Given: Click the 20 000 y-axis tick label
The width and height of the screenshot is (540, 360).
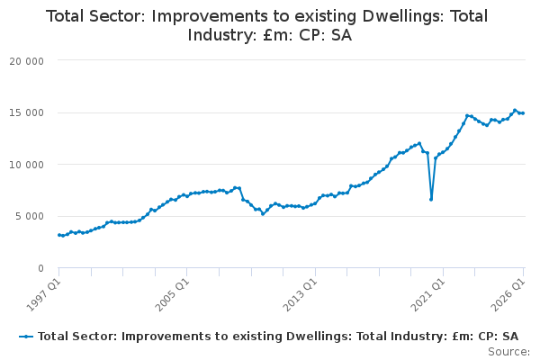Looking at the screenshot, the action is (x=26, y=61).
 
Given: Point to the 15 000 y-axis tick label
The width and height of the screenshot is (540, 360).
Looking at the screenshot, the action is (x=26, y=113).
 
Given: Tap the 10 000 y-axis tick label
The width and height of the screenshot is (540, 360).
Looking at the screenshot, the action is (x=26, y=165).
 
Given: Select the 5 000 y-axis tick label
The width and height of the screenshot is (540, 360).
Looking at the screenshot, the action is (x=30, y=216).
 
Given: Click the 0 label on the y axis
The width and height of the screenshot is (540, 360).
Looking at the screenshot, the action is (x=41, y=268).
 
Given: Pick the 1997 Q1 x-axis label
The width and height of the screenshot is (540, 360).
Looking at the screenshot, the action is (x=44, y=294).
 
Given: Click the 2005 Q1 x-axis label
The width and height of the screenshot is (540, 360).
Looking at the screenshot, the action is (x=172, y=294).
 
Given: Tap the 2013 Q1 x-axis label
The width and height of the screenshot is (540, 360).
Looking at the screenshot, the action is (x=300, y=294).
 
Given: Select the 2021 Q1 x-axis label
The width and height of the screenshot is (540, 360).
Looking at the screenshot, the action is (x=428, y=294).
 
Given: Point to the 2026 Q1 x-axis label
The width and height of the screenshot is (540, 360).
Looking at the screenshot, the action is (x=508, y=294).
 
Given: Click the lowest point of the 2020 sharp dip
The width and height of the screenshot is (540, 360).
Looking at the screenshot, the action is (x=431, y=200).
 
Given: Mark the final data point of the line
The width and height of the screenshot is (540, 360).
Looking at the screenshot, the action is (x=523, y=113).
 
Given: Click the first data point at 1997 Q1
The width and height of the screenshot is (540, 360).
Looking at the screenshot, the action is (x=58, y=235).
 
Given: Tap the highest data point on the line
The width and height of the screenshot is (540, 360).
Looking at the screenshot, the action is (x=515, y=111).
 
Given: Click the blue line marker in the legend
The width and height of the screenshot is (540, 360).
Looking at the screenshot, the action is (x=26, y=337).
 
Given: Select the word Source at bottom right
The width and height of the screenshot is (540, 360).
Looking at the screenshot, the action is (x=508, y=352).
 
